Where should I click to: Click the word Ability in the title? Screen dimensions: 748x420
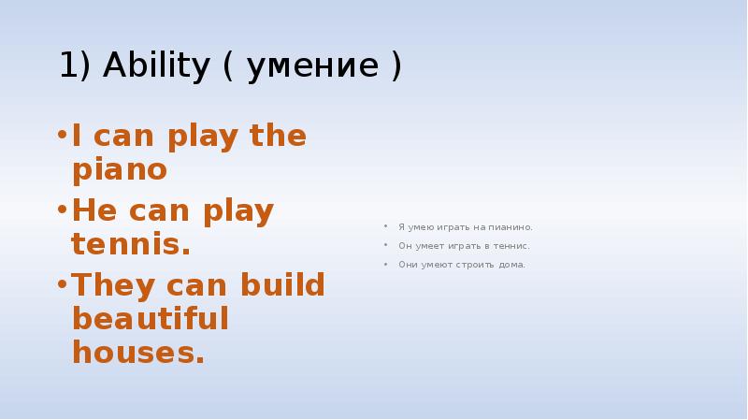click(156, 65)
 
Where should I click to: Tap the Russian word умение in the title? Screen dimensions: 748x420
click(313, 66)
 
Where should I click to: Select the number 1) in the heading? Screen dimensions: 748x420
click(75, 65)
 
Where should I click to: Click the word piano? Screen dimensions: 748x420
click(120, 169)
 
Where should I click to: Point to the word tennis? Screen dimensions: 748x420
click(131, 244)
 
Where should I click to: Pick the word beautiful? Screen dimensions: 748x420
click(151, 318)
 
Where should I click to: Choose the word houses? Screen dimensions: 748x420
click(138, 353)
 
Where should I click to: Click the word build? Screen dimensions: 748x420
click(282, 284)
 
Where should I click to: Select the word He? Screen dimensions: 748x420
click(94, 210)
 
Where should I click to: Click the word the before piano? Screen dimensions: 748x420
click(278, 135)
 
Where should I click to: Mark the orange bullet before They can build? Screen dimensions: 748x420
click(62, 284)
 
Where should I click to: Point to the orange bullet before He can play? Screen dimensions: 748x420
click(62, 210)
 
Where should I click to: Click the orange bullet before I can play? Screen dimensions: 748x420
click(62, 135)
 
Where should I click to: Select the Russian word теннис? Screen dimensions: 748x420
click(511, 246)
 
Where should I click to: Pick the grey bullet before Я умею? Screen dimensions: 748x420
click(385, 226)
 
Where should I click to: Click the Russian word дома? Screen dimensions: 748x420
click(511, 265)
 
